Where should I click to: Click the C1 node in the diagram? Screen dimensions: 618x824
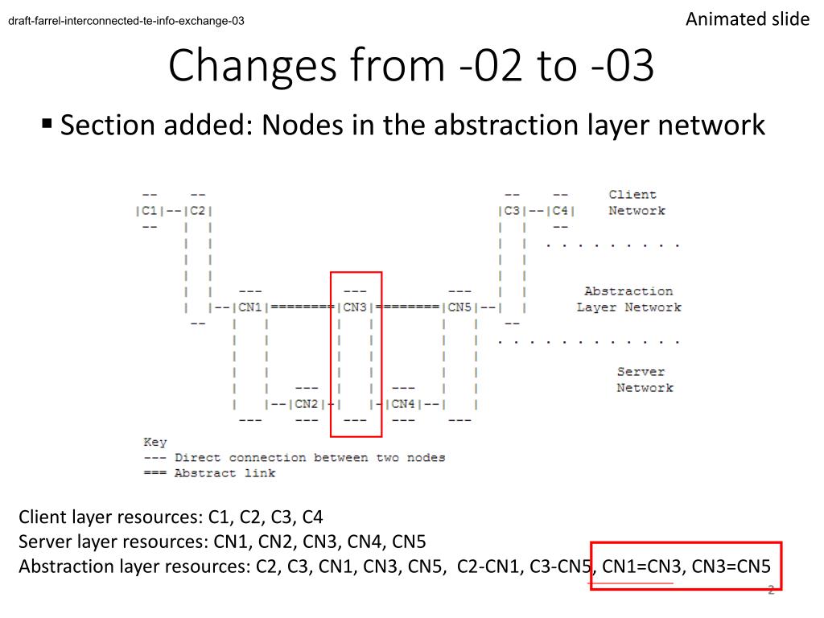coord(150,211)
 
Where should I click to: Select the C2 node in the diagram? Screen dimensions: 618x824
coord(198,211)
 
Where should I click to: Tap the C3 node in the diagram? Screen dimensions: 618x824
coord(511,211)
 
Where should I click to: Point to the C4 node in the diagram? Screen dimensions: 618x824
coord(560,211)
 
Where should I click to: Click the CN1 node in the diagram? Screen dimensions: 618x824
coord(250,307)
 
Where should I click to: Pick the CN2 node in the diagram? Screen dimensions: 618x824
coord(307,404)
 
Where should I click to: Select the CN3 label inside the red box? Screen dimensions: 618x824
coord(355,307)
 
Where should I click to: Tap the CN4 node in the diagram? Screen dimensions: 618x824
coord(403,404)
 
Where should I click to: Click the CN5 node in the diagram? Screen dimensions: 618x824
coord(459,307)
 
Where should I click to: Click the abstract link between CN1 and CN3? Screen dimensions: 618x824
coord(303,307)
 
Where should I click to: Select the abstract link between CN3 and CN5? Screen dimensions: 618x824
coord(407,307)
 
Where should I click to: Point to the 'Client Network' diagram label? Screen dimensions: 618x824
coord(636,203)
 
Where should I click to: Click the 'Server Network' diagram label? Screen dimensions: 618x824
coord(645,380)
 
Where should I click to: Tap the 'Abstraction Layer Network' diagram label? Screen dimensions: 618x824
coord(628,299)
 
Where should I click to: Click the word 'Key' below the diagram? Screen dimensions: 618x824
coord(154,442)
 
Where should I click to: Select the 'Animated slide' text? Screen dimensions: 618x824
coord(748,19)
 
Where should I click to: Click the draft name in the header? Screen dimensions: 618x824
coord(126,22)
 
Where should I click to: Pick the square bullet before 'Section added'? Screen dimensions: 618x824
coord(47,124)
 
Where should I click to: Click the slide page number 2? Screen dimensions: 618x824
coord(770,591)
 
